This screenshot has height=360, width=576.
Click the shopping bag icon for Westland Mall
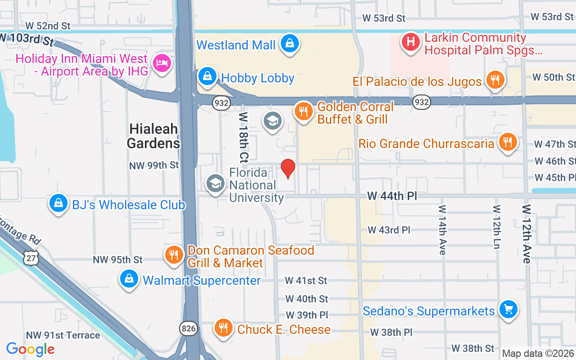click(x=290, y=44)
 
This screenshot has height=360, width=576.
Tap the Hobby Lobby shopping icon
click(x=207, y=76)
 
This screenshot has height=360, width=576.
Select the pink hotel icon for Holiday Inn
click(x=161, y=63)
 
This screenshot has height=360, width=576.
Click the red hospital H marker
click(x=410, y=42)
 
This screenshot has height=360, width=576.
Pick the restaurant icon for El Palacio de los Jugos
click(x=495, y=81)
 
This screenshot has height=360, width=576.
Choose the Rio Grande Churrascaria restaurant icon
click(x=508, y=142)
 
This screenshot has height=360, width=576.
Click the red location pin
click(x=288, y=168)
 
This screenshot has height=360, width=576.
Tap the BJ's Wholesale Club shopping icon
click(x=58, y=204)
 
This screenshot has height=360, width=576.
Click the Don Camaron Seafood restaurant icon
click(x=174, y=255)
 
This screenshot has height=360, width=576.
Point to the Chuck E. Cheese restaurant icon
click(x=223, y=328)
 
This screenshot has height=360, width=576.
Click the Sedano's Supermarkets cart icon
click(x=508, y=310)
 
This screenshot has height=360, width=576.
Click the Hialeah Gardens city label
click(x=153, y=136)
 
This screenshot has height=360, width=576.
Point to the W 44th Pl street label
click(x=391, y=196)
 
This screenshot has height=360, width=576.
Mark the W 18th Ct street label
click(x=243, y=137)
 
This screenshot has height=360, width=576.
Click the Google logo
click(x=30, y=349)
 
